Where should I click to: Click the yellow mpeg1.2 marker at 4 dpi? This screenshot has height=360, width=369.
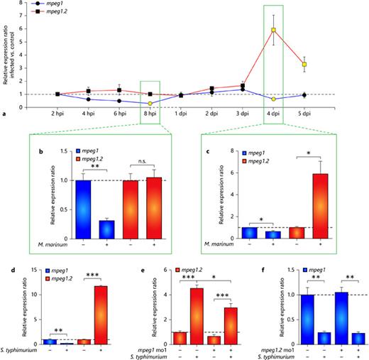pyautogui.click(x=273, y=30)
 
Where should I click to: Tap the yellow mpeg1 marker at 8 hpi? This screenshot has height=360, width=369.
pyautogui.click(x=150, y=103)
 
